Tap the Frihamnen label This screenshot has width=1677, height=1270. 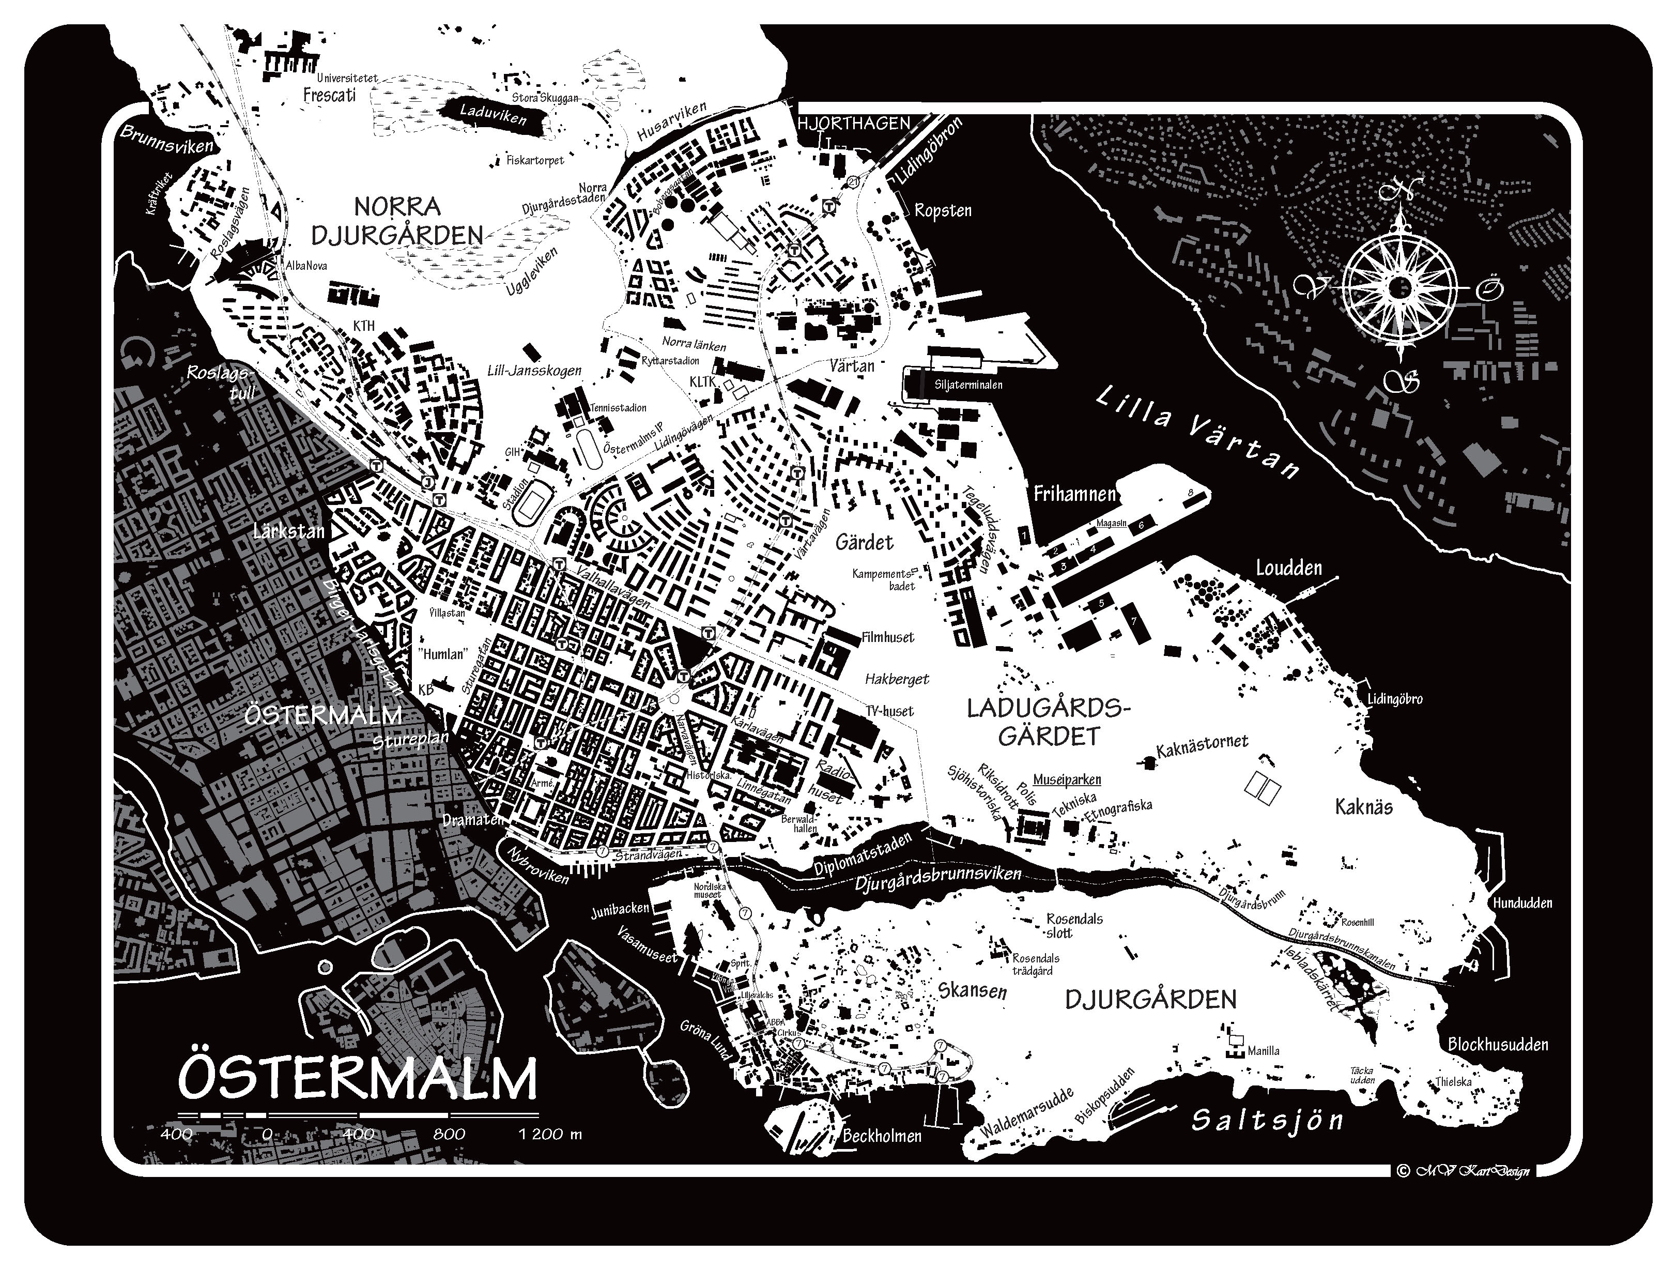pyautogui.click(x=1074, y=494)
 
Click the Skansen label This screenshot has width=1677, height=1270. pyautogui.click(x=972, y=991)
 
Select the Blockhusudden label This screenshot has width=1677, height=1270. pyautogui.click(x=1497, y=1045)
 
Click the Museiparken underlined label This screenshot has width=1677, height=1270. pyautogui.click(x=1067, y=779)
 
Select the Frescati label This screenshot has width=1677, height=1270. pyautogui.click(x=329, y=96)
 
